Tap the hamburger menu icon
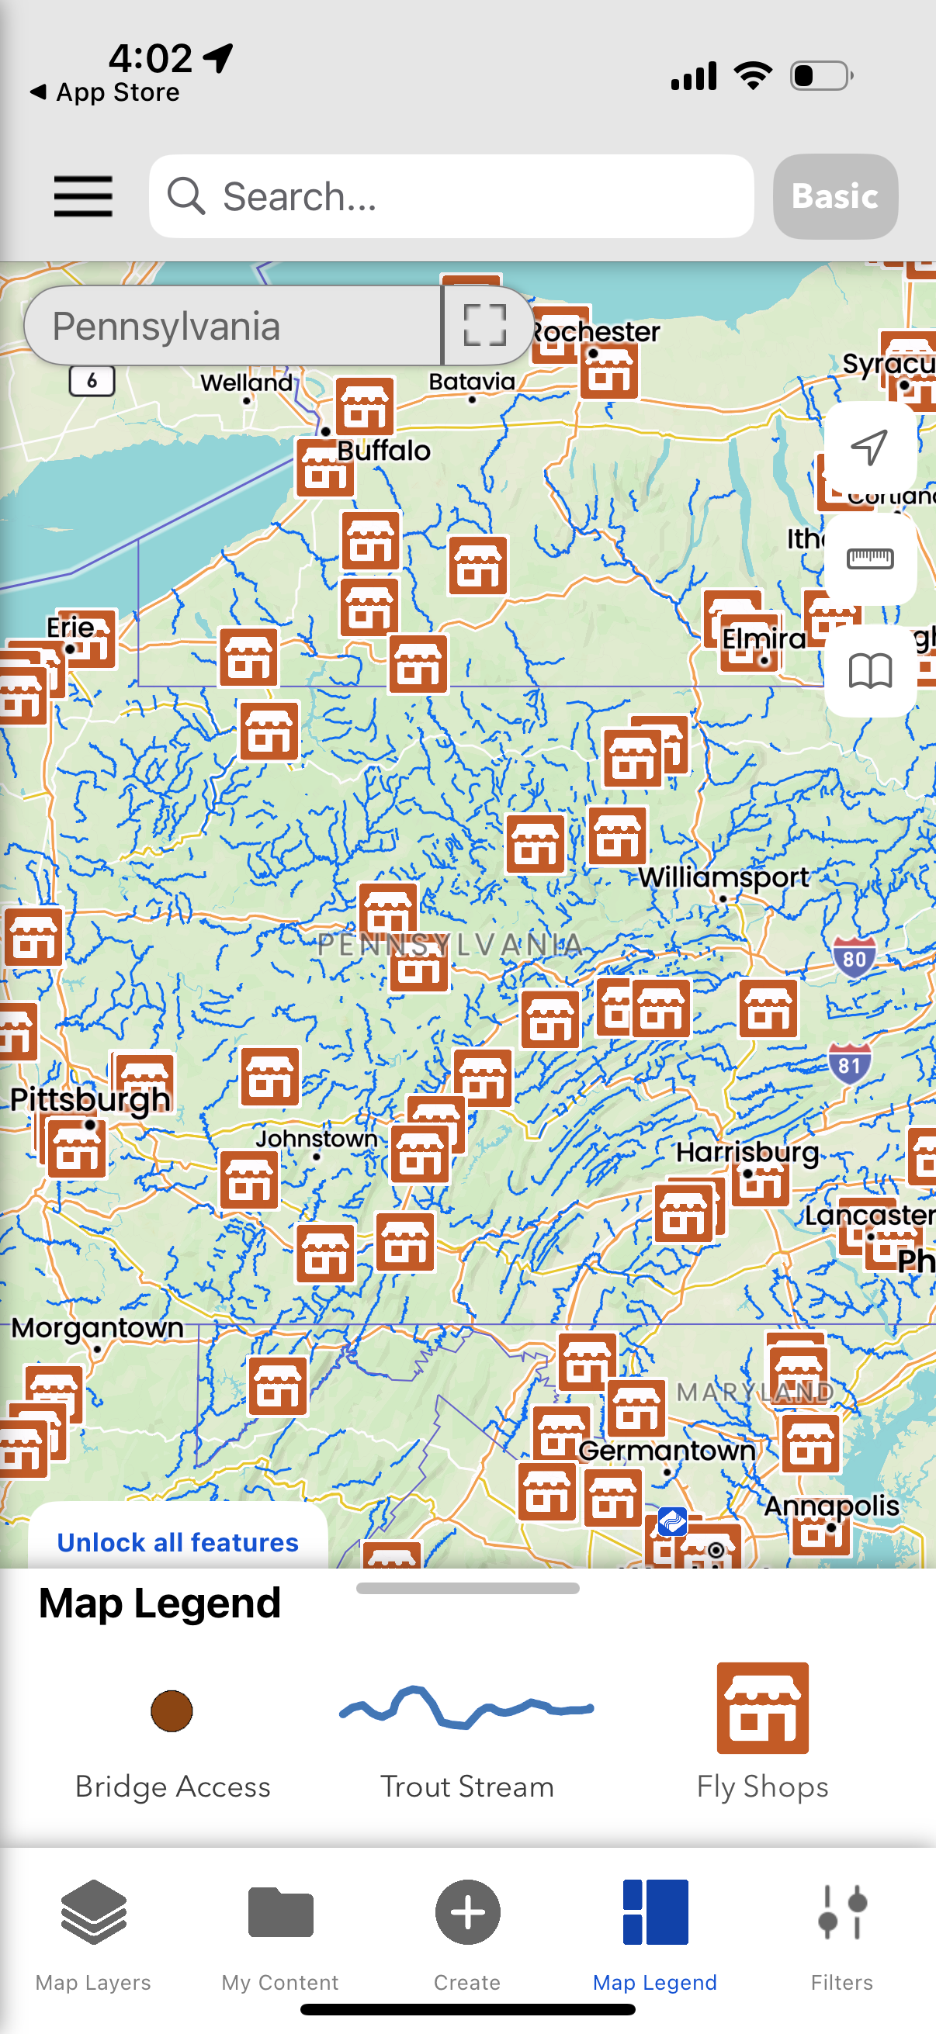pyautogui.click(x=83, y=195)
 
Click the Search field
pyautogui.click(x=450, y=195)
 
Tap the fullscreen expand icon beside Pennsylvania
pyautogui.click(x=484, y=325)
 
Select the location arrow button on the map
pyautogui.click(x=870, y=447)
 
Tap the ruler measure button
pyautogui.click(x=870, y=559)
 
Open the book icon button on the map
pyautogui.click(x=870, y=671)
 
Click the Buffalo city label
pyautogui.click(x=384, y=451)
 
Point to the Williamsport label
pyautogui.click(x=723, y=877)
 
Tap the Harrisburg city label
pyautogui.click(x=747, y=1152)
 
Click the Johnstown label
pyautogui.click(x=316, y=1139)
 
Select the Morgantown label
pyautogui.click(x=97, y=1328)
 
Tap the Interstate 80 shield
pyautogui.click(x=854, y=959)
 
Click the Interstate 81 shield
pyautogui.click(x=849, y=1065)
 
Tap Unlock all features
pyautogui.click(x=178, y=1542)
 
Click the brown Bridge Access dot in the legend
pyautogui.click(x=172, y=1711)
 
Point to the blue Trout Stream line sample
pyautogui.click(x=466, y=1709)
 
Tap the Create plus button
pyautogui.click(x=467, y=1913)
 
